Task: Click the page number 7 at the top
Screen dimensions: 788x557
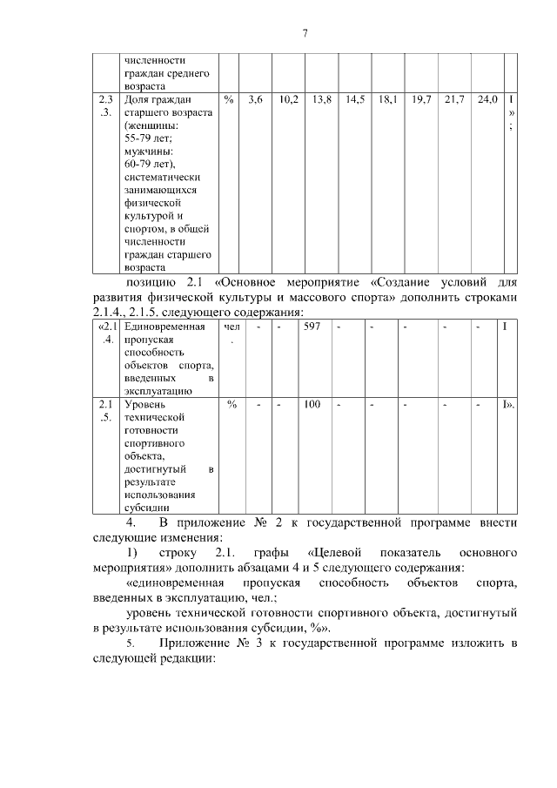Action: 305,34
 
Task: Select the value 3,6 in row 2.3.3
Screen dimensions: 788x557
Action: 255,101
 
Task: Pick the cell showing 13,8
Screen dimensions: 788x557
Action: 322,101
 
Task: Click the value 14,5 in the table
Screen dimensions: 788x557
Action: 355,101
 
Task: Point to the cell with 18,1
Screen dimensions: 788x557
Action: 388,101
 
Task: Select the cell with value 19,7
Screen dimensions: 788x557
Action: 421,101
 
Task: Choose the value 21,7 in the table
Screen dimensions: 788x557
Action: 454,101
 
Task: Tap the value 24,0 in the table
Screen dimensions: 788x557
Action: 487,101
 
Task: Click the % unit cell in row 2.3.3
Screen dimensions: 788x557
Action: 229,101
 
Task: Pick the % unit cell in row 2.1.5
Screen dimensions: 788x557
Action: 232,404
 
